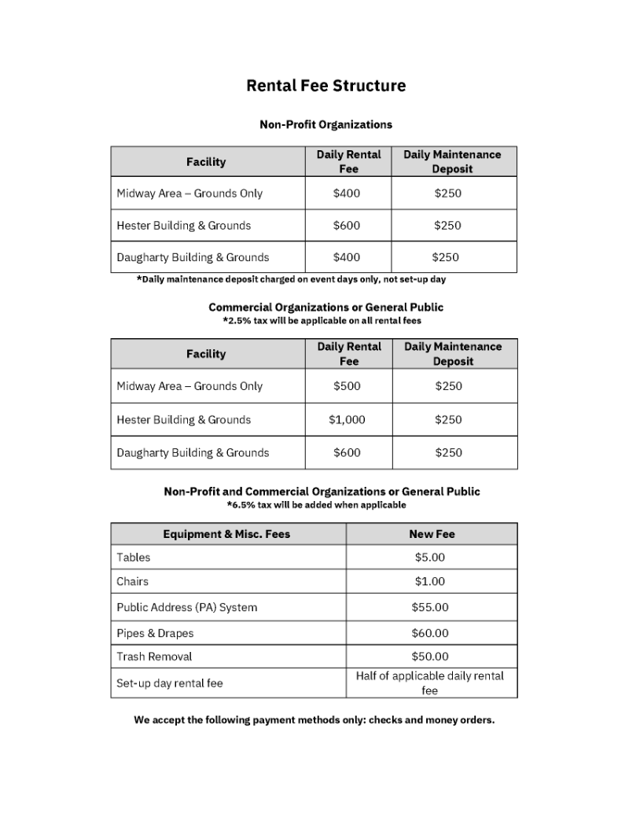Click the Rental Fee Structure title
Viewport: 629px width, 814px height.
(326, 86)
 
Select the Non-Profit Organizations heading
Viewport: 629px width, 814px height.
(326, 124)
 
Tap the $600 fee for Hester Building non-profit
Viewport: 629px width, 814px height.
(347, 226)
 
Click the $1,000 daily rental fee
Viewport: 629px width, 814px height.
(347, 420)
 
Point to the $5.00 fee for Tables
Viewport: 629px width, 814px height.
(430, 558)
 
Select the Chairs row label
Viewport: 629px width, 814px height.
(133, 582)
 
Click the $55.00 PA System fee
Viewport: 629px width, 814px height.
(430, 608)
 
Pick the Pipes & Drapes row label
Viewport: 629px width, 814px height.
(155, 633)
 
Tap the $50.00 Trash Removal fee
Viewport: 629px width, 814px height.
(430, 657)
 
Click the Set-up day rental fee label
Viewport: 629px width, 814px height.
(170, 683)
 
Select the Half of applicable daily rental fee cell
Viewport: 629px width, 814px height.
(430, 683)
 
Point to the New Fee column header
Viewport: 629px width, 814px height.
(432, 534)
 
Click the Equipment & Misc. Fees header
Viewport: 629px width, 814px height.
(226, 534)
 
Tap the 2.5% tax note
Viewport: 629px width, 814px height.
(322, 321)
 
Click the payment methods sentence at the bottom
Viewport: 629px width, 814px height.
(314, 720)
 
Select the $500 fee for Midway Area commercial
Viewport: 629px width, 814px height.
(347, 386)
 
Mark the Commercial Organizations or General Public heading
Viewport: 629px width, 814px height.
(326, 308)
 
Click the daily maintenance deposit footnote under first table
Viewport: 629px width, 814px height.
(291, 279)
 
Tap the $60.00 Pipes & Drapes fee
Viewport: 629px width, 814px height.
(430, 633)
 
